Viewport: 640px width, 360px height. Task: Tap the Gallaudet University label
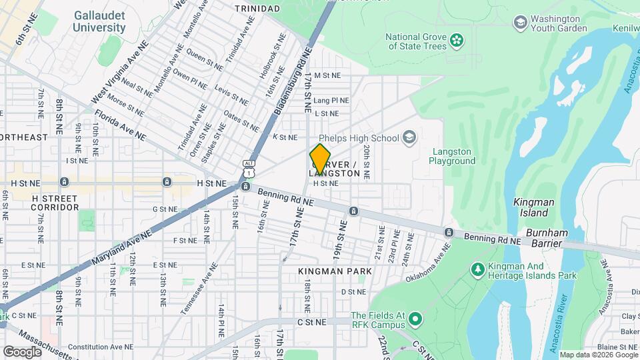(x=99, y=21)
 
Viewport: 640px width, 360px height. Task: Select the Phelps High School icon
(x=409, y=138)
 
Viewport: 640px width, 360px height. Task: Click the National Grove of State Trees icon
(x=457, y=41)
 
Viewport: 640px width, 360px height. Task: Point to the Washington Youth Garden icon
(x=520, y=23)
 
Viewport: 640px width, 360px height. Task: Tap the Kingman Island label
(x=531, y=207)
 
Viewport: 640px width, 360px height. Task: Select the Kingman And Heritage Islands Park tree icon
(x=477, y=269)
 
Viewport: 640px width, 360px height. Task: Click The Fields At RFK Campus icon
(x=415, y=320)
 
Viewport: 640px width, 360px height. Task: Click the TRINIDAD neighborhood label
(x=257, y=8)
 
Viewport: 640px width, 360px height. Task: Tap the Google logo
(x=22, y=351)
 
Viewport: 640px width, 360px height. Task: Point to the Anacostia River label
(x=565, y=313)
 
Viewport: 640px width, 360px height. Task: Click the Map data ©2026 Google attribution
(x=598, y=355)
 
